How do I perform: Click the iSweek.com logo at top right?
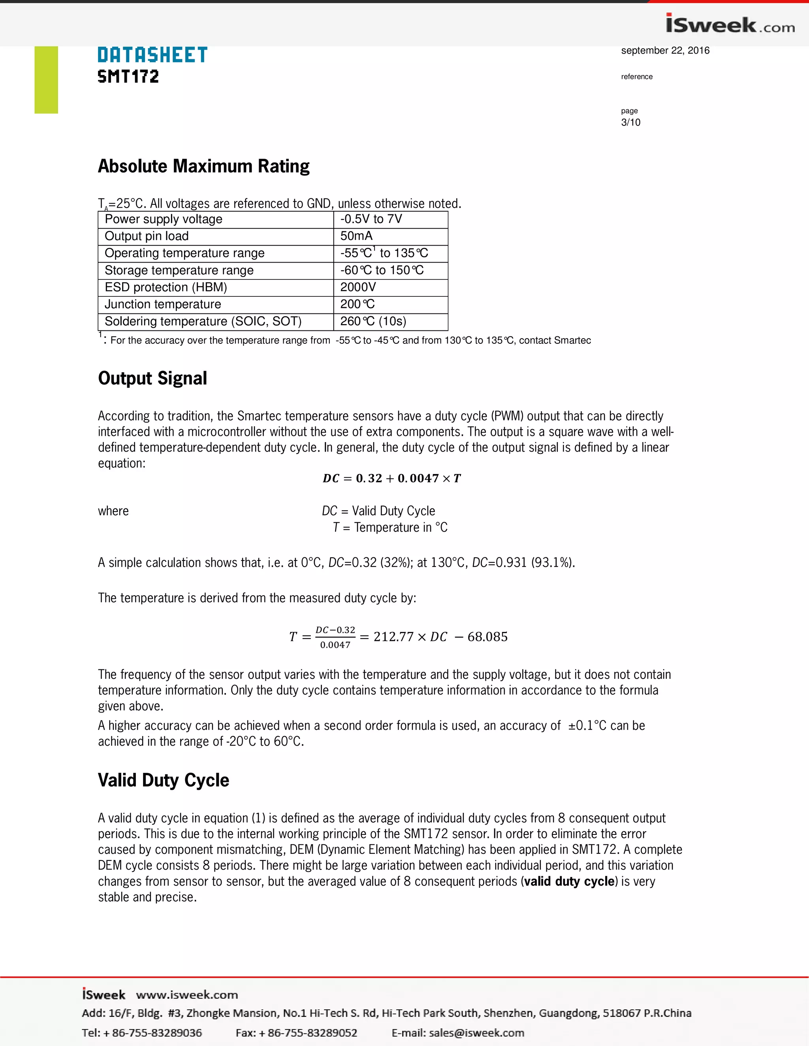point(730,24)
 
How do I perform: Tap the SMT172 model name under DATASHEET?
point(128,76)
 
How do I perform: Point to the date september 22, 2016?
point(665,50)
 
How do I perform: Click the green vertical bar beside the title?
point(46,79)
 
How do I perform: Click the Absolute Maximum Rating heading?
point(204,166)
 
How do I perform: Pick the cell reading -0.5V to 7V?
point(371,219)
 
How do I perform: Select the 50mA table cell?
point(356,236)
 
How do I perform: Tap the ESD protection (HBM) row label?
point(166,287)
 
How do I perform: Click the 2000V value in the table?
point(358,287)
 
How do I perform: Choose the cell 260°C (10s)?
point(373,321)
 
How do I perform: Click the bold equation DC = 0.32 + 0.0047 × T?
point(391,478)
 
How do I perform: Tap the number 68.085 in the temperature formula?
point(487,637)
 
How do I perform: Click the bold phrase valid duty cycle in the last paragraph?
point(569,881)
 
